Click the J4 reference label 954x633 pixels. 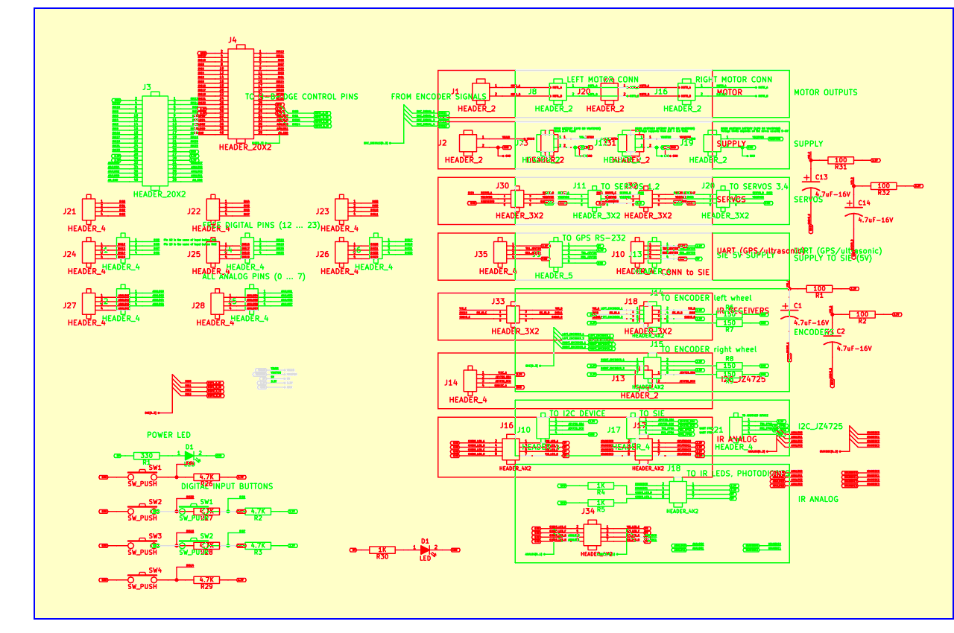click(x=233, y=40)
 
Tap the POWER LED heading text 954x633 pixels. click(x=168, y=435)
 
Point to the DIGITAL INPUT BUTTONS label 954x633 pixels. click(x=227, y=486)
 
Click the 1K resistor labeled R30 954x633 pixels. click(x=382, y=550)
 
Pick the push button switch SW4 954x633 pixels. click(x=142, y=579)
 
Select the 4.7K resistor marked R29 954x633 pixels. click(x=206, y=579)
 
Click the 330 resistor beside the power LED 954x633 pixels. click(x=147, y=455)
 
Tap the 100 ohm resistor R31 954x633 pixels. click(x=841, y=160)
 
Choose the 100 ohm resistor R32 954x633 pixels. click(x=884, y=186)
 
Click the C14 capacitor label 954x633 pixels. click(x=864, y=203)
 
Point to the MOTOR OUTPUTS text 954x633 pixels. click(x=825, y=92)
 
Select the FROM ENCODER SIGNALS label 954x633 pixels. click(x=438, y=97)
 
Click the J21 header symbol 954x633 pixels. click(x=89, y=209)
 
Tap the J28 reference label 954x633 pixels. click(x=198, y=305)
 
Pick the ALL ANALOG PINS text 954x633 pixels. click(x=253, y=277)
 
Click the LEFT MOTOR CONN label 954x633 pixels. click(x=602, y=79)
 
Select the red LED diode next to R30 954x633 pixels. click(x=426, y=550)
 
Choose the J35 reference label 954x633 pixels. click(x=481, y=254)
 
